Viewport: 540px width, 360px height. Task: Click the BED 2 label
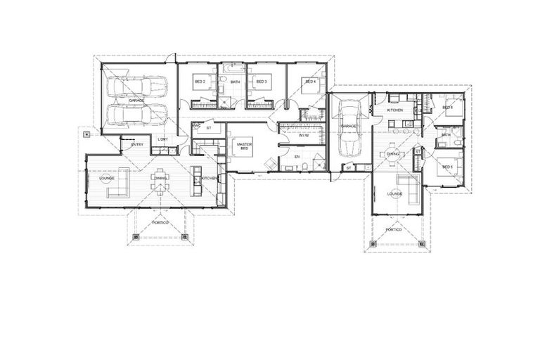click(x=200, y=82)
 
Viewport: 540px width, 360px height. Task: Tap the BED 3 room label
click(x=260, y=82)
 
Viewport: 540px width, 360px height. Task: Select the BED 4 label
click(x=309, y=82)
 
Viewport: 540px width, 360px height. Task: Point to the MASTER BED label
click(x=245, y=145)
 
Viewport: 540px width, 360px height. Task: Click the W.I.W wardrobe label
click(x=304, y=136)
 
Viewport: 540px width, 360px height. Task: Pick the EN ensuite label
click(x=297, y=156)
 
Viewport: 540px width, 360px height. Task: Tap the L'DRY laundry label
click(x=162, y=139)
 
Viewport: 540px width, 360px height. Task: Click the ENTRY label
click(x=138, y=145)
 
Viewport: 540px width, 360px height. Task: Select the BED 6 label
click(x=448, y=108)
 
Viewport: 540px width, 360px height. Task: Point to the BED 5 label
click(x=448, y=167)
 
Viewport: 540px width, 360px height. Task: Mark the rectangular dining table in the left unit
click(x=162, y=179)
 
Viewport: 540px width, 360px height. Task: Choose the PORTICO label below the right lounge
click(x=394, y=229)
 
